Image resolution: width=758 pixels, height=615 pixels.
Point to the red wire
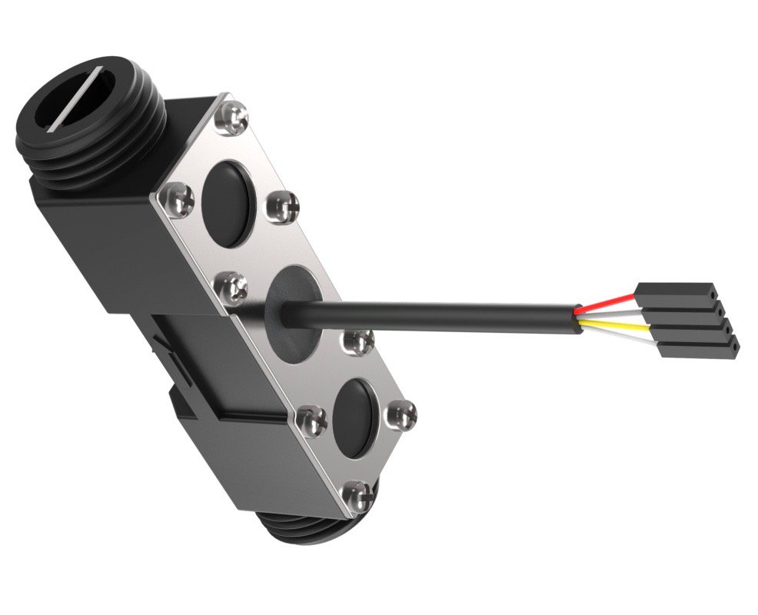coord(607,303)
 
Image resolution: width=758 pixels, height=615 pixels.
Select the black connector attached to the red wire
coord(677,294)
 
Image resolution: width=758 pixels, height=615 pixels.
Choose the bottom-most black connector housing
coord(698,348)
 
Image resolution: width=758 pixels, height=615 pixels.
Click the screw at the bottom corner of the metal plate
coord(358,496)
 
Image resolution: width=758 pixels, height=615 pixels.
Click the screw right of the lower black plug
coord(404,415)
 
